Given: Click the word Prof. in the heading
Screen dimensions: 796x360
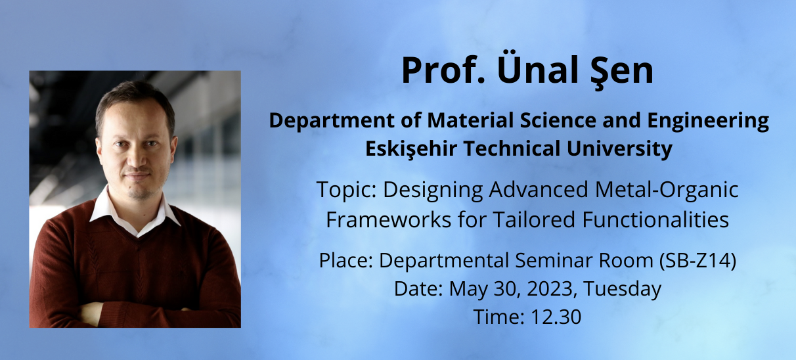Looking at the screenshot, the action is click(x=443, y=70).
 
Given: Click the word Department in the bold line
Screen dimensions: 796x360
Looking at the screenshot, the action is click(x=332, y=122).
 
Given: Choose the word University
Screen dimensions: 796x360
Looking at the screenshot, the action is click(x=619, y=149).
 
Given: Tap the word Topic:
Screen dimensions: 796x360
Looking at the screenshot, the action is click(x=347, y=190).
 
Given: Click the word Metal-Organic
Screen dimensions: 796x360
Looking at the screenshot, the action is click(x=667, y=189).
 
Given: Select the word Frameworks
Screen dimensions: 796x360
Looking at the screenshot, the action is click(x=388, y=219).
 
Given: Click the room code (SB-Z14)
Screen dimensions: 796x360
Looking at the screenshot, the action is click(x=698, y=261).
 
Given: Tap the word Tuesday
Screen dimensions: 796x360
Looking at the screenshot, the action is click(x=623, y=289).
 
